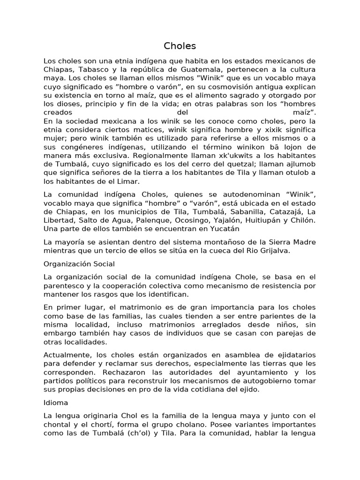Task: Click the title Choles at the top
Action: [180, 46]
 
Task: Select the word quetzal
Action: [228, 164]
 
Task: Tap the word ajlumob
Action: [301, 164]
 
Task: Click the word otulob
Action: [296, 172]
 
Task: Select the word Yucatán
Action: [222, 229]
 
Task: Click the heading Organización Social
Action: [79, 264]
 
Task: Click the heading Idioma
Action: [56, 403]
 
